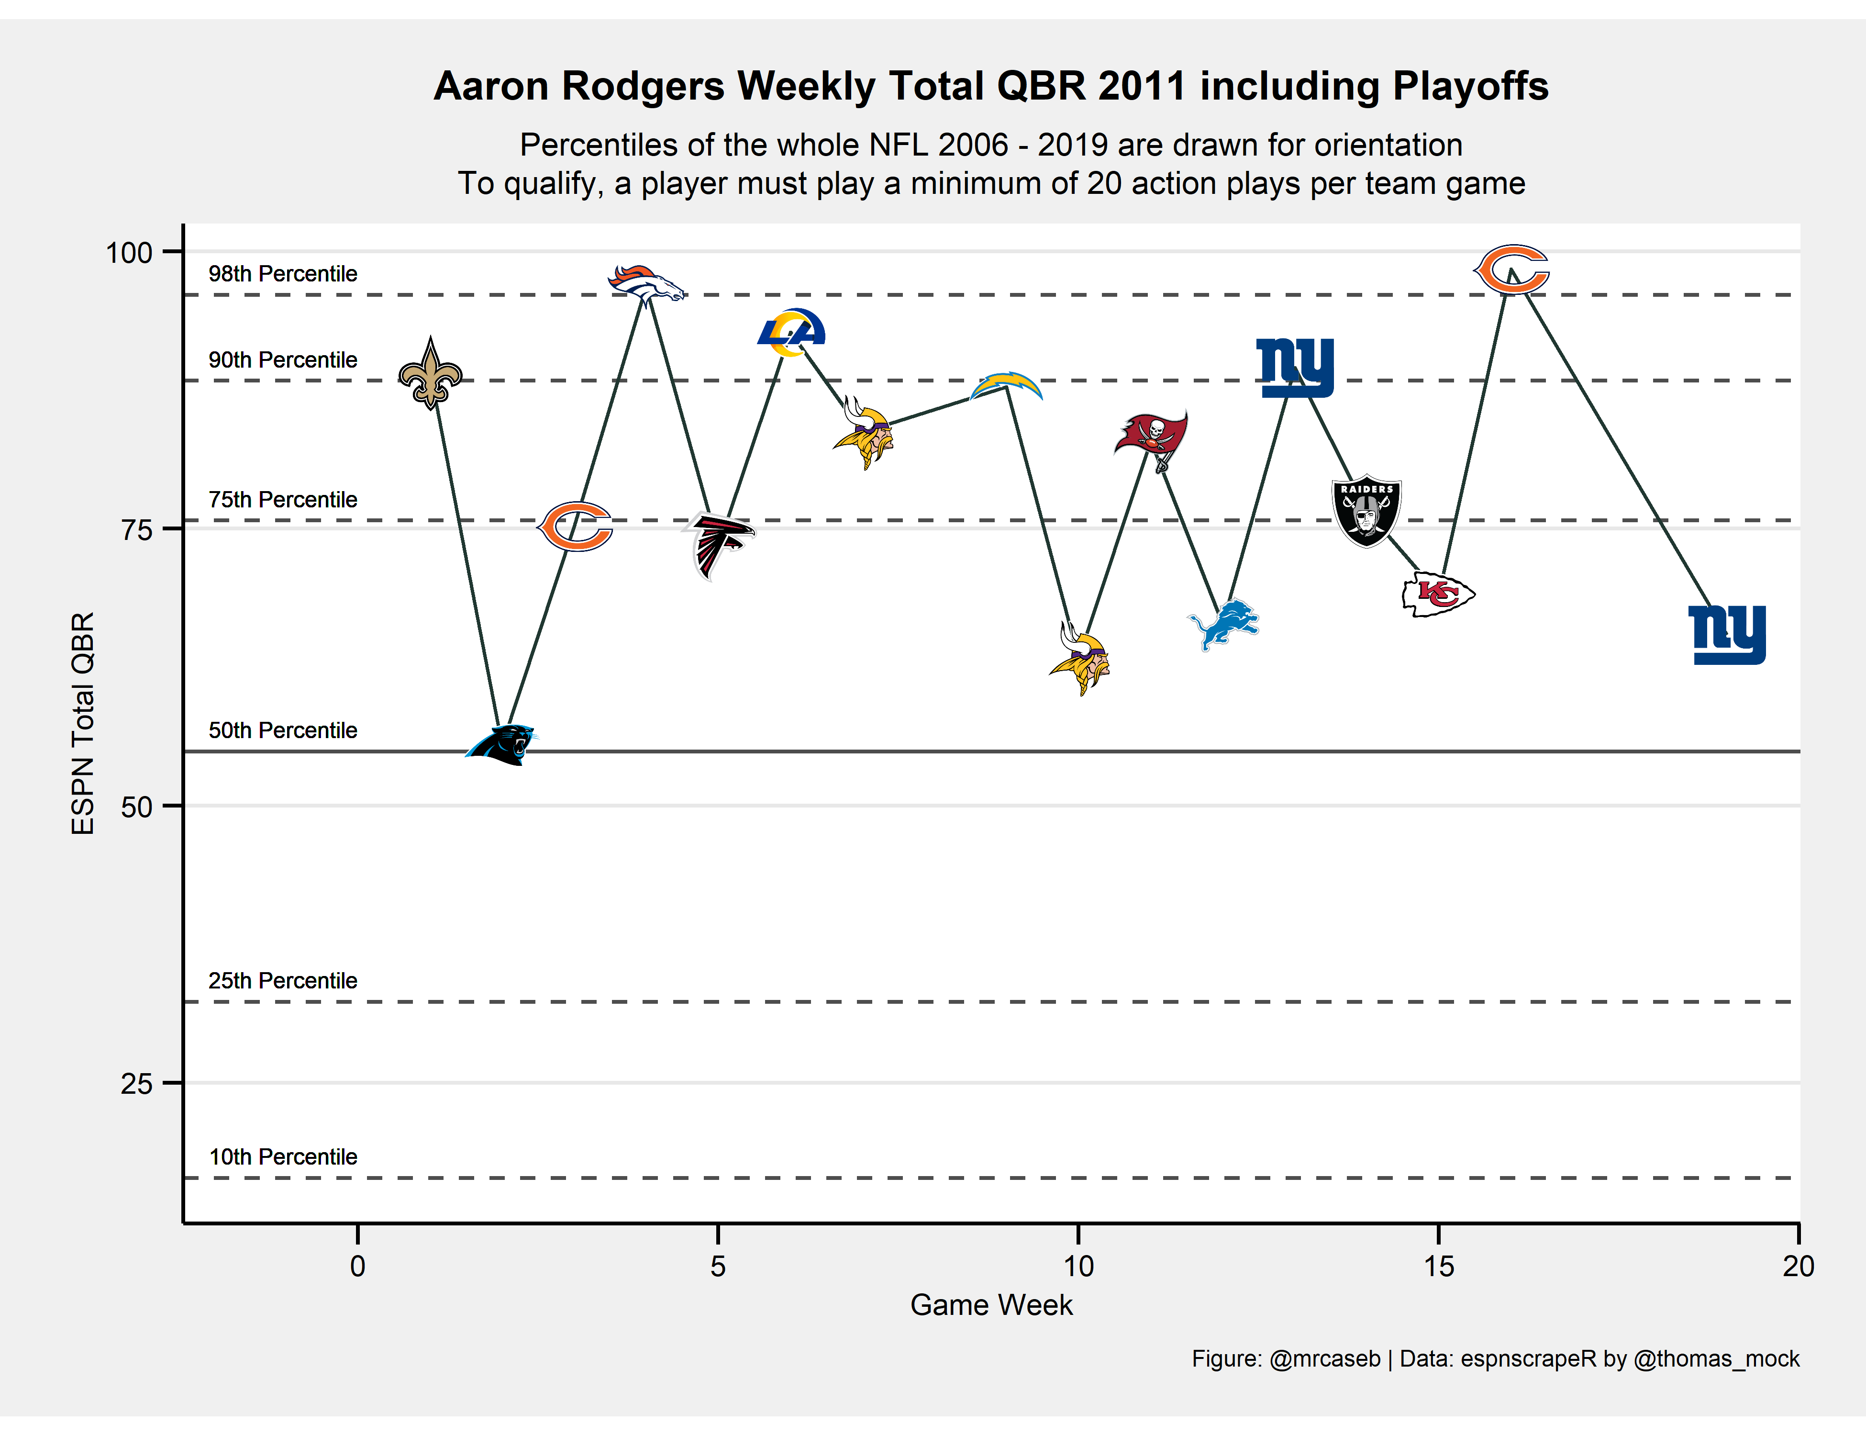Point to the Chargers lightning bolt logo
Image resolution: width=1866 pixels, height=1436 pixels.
coord(1007,386)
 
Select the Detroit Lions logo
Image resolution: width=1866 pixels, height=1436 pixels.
coord(1223,625)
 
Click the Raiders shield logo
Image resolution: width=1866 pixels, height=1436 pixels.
coord(1366,510)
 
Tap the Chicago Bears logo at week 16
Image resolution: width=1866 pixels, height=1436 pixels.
coord(1511,269)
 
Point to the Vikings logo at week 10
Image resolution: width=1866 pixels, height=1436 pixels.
coord(1080,660)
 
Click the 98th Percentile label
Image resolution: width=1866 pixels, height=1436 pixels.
coord(283,273)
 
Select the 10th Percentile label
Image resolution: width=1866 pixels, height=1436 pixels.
coord(283,1156)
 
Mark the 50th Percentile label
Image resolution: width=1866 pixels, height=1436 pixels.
coord(283,730)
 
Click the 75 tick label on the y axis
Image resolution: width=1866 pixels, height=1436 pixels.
coord(137,530)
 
